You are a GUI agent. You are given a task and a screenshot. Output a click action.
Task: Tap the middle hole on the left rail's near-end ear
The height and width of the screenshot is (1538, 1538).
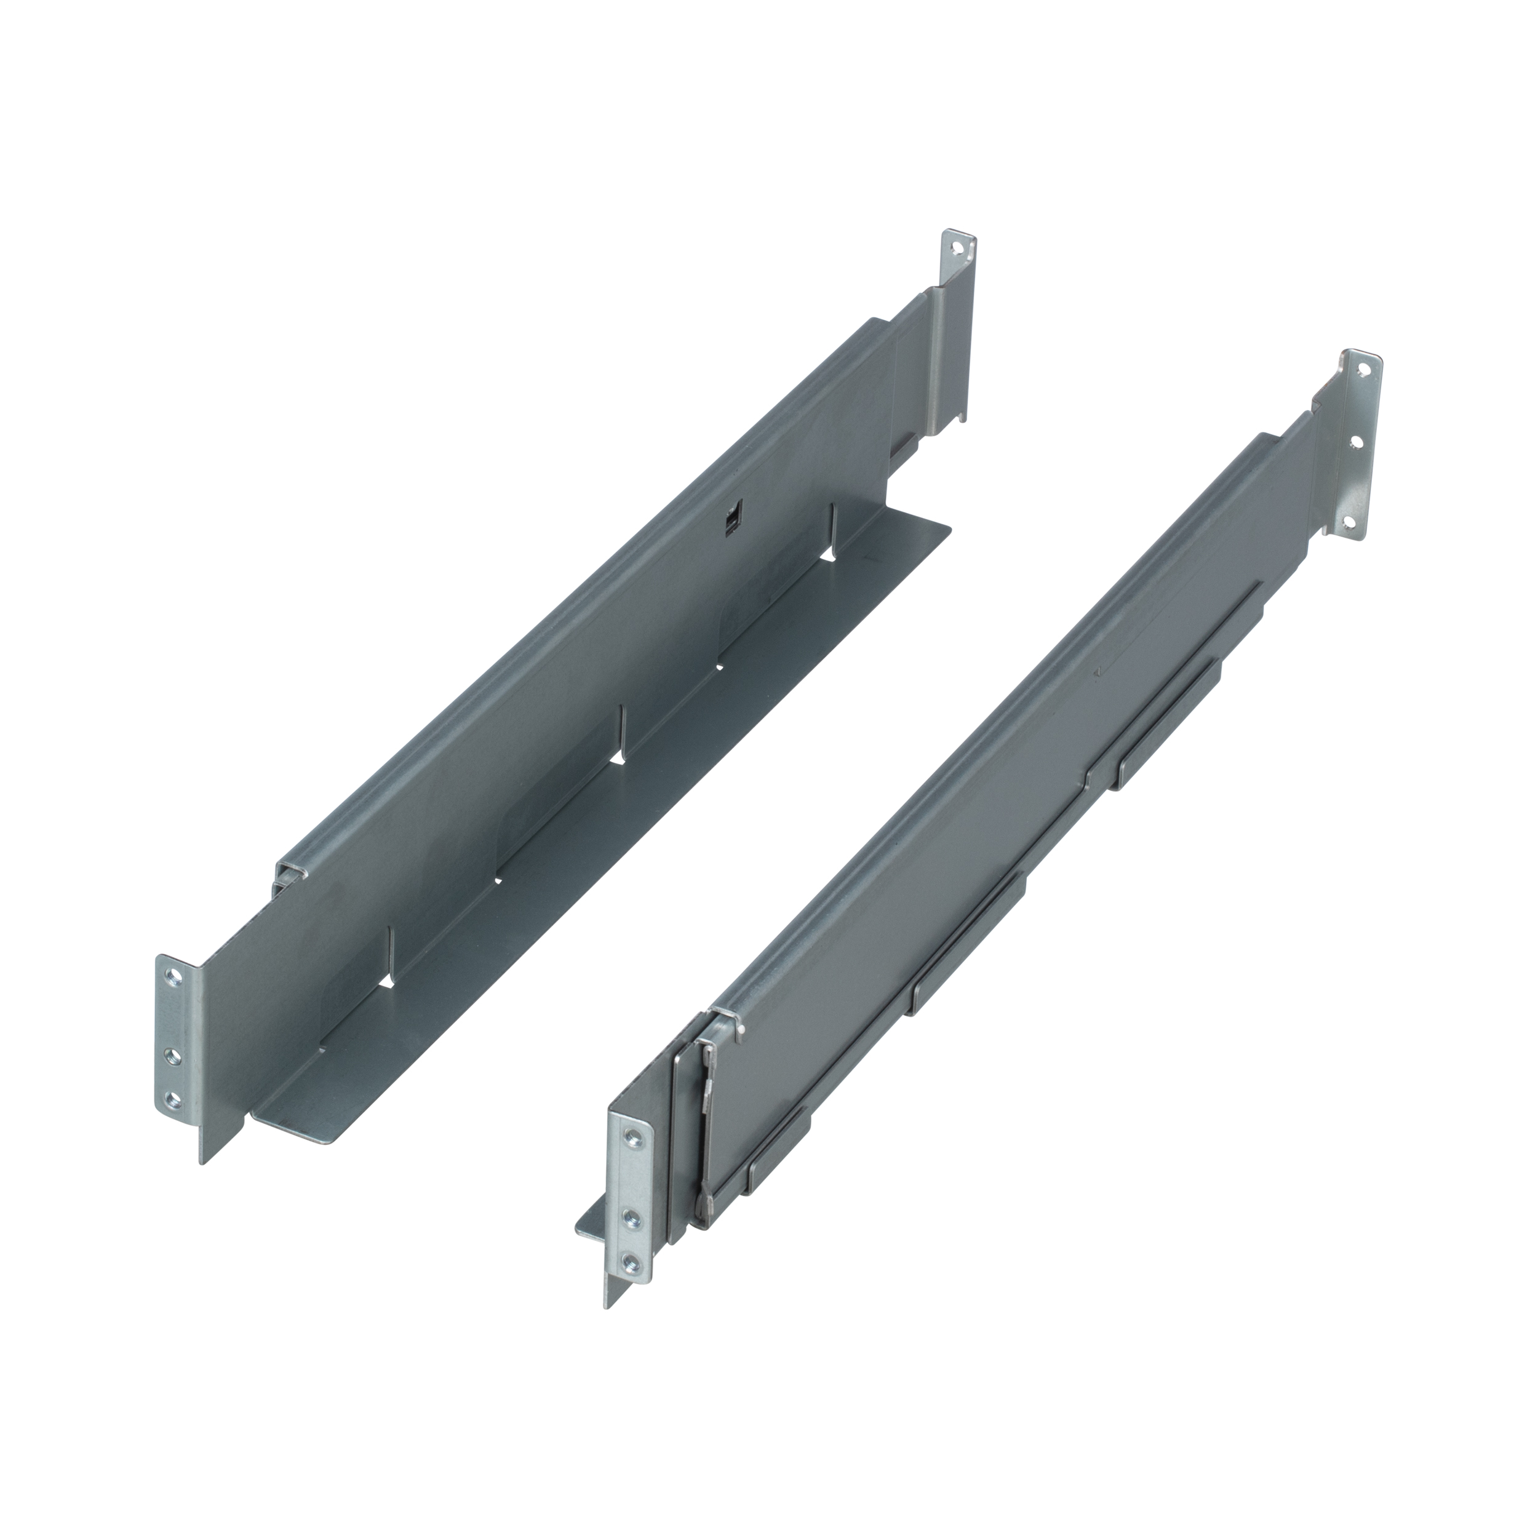[x=170, y=1055]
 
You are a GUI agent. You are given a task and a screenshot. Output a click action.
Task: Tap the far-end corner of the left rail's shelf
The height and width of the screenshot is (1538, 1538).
[x=949, y=527]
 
